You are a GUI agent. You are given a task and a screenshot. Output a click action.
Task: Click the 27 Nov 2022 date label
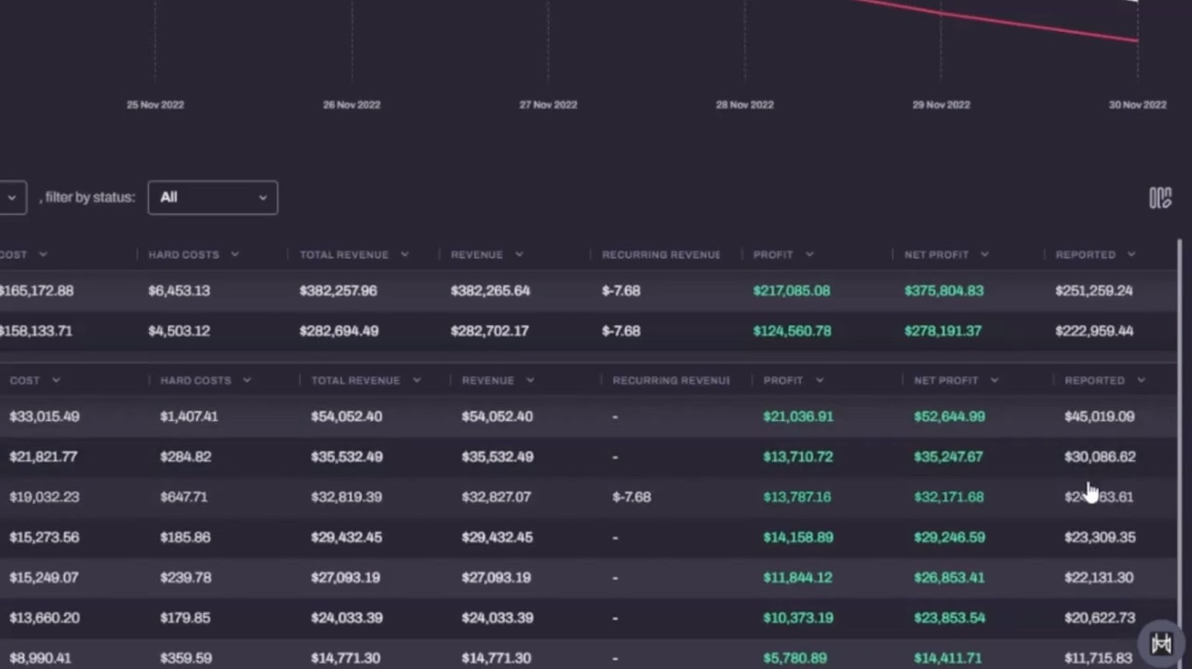(548, 105)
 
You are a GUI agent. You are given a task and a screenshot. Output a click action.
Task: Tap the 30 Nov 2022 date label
(1138, 105)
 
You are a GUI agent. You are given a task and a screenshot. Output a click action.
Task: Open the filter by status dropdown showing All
(213, 198)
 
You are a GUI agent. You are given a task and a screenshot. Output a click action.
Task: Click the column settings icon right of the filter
(1160, 198)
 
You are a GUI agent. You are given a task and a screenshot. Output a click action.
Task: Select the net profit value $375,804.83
(944, 291)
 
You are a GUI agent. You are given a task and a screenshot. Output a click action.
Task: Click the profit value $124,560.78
(792, 331)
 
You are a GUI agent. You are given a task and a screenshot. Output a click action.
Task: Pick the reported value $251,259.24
(1094, 291)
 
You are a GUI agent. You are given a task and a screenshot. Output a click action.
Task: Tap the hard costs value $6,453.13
(179, 291)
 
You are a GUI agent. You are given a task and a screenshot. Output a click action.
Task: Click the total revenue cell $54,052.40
(346, 417)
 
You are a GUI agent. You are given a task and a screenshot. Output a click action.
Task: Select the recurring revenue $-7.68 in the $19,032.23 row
(631, 497)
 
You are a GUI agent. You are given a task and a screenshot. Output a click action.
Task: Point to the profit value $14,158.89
(798, 538)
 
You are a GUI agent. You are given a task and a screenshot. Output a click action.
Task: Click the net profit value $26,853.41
(949, 578)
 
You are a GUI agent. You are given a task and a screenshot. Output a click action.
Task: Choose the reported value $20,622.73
(1100, 618)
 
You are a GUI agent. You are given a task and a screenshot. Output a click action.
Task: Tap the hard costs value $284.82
(186, 457)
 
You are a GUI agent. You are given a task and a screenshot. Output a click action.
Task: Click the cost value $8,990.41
(40, 659)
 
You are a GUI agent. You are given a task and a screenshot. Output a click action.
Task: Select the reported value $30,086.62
(1100, 457)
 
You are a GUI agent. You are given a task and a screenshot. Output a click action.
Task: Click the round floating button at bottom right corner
(1161, 644)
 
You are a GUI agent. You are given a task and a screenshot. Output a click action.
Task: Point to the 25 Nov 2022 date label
(155, 105)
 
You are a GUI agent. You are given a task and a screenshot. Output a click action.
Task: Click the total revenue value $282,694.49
(339, 331)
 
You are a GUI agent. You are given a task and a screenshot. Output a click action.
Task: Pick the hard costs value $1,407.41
(189, 417)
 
